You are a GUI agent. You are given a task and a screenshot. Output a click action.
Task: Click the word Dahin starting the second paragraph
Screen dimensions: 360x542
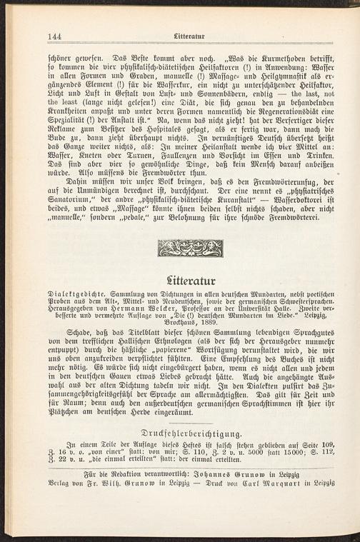point(71,181)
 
